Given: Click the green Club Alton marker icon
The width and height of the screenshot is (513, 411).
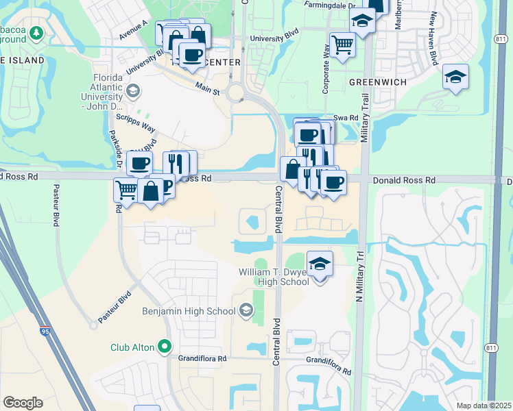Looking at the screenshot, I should click(164, 347).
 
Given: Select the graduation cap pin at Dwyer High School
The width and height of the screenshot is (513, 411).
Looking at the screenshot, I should click(320, 264).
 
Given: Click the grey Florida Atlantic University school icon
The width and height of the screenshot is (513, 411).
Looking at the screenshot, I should click(132, 90).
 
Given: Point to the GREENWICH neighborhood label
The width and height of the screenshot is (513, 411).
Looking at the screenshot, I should click(378, 82).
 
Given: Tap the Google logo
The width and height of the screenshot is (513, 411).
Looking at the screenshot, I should click(23, 402).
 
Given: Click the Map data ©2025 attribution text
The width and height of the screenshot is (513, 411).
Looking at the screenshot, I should click(483, 406).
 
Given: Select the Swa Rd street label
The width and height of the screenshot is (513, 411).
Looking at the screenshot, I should click(346, 118).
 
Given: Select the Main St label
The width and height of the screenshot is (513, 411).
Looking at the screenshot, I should click(206, 88).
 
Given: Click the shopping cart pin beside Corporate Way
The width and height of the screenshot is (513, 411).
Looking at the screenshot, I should click(342, 45).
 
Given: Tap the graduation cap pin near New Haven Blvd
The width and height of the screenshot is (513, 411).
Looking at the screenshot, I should click(455, 77).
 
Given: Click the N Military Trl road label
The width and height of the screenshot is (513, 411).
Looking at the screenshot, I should click(359, 273).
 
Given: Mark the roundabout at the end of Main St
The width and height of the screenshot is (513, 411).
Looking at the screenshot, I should click(237, 92).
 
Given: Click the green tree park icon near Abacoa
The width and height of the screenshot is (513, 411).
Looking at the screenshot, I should click(36, 32).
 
